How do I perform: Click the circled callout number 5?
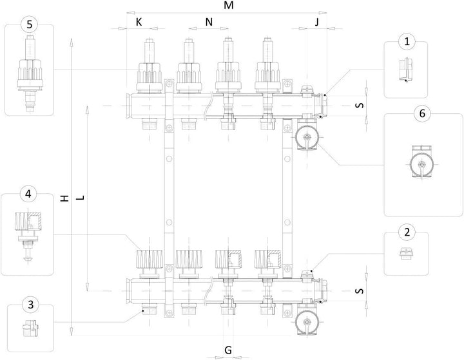click(x=30, y=24)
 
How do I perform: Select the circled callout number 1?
click(x=407, y=42)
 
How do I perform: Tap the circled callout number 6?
click(x=422, y=113)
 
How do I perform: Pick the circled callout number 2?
click(x=407, y=232)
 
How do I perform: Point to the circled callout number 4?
click(x=28, y=194)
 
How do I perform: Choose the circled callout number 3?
click(x=31, y=305)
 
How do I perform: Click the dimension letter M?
click(x=229, y=5)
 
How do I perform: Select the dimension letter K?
click(x=139, y=22)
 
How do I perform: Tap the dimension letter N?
click(x=209, y=22)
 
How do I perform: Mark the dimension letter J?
click(x=317, y=22)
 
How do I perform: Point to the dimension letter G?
click(x=228, y=350)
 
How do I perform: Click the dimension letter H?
click(x=64, y=198)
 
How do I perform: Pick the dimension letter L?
click(x=81, y=198)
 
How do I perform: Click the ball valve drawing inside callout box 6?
click(x=421, y=162)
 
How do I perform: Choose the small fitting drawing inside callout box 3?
click(x=30, y=328)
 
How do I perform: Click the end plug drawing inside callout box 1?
click(x=405, y=70)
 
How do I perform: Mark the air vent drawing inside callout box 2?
click(x=406, y=254)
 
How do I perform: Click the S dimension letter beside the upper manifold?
click(x=359, y=106)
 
